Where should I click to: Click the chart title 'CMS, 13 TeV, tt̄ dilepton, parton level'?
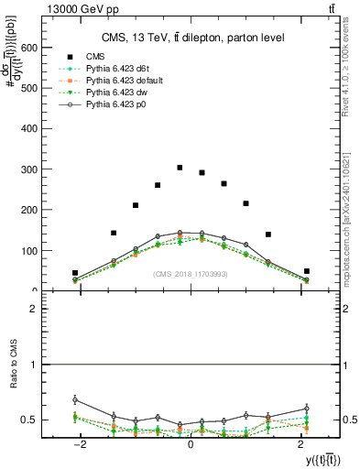click(192, 38)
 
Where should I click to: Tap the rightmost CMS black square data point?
click(307, 271)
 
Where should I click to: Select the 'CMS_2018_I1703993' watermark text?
click(191, 274)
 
